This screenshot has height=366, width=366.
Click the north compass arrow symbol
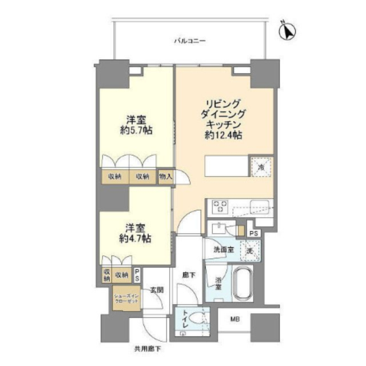tap(288, 31)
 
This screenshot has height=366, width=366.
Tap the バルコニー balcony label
tap(189, 41)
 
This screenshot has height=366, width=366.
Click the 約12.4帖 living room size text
tap(223, 136)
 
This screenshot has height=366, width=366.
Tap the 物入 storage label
tap(165, 177)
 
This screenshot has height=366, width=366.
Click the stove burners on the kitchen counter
tap(220, 206)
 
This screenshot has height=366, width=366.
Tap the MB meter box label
tap(236, 320)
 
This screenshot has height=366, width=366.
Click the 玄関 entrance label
tap(157, 290)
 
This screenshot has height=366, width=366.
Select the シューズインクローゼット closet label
tap(125, 298)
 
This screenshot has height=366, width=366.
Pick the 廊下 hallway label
tap(188, 274)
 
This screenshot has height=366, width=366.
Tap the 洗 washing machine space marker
tap(249, 250)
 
